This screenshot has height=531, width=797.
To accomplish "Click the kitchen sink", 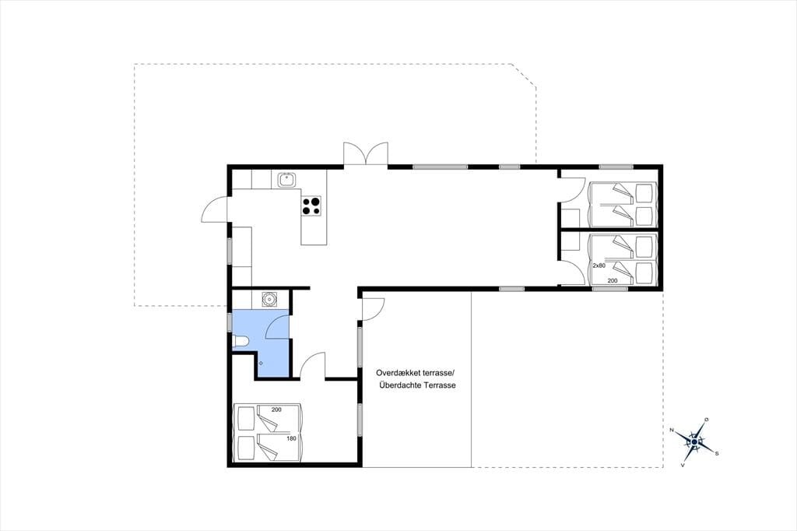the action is (x=287, y=179).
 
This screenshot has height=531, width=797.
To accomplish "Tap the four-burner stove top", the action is (x=311, y=206).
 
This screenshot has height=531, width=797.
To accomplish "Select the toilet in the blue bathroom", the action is (x=240, y=342).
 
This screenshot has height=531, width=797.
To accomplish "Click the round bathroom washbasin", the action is (x=269, y=299).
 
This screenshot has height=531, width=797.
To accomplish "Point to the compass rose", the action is (x=694, y=441).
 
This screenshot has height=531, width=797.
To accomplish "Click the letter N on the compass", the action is (x=672, y=431).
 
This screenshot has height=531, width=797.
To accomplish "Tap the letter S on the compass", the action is (x=717, y=453).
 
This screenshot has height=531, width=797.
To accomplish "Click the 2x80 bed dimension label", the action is (x=599, y=265).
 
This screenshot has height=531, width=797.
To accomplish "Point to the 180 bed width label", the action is (x=291, y=438).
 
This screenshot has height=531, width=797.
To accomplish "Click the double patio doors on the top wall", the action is (x=366, y=153).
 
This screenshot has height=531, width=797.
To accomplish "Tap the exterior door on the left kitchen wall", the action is (x=215, y=209).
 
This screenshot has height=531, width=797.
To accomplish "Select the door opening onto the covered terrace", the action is (x=373, y=308).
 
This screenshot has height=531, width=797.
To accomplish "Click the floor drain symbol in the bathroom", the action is (x=261, y=363).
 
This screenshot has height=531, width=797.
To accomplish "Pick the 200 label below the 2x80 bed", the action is (x=613, y=281).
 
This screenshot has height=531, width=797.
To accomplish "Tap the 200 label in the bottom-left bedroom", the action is (x=276, y=410).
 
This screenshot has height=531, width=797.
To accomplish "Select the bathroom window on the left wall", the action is (x=230, y=322).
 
